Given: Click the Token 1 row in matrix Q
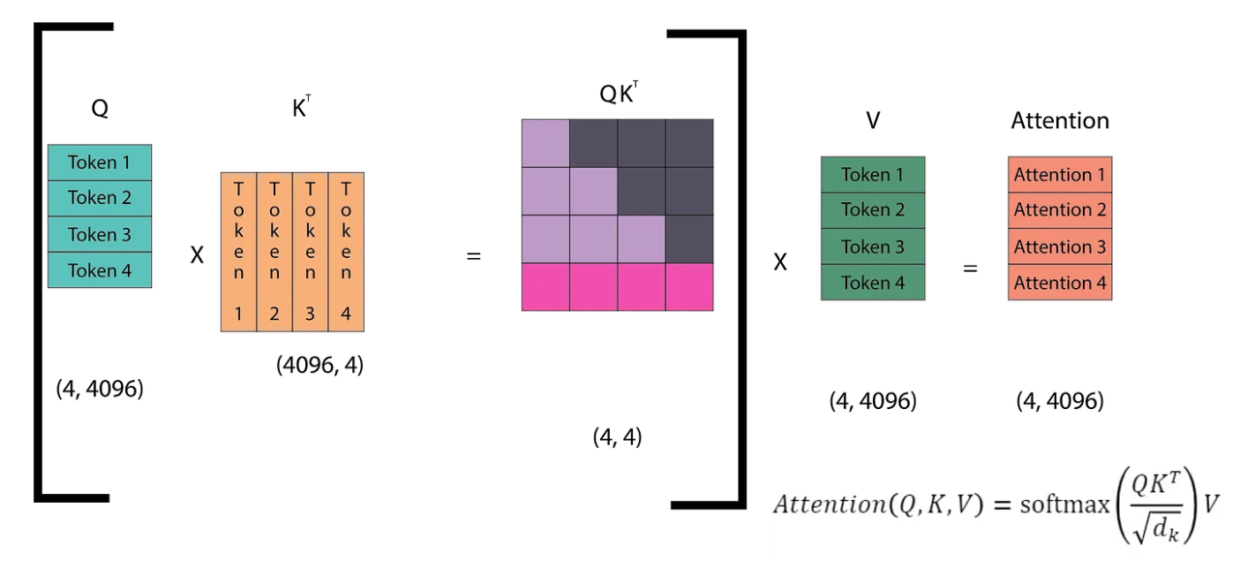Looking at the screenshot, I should pyautogui.click(x=99, y=163).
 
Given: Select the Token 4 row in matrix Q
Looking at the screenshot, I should pyautogui.click(x=99, y=270).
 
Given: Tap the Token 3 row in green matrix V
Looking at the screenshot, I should pyautogui.click(x=873, y=246).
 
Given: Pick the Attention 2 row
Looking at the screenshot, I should pyautogui.click(x=1059, y=210).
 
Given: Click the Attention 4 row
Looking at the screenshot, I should pyautogui.click(x=1059, y=283).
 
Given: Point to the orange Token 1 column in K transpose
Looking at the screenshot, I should pyautogui.click(x=238, y=252).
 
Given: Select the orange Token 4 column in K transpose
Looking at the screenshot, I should pyautogui.click(x=346, y=252).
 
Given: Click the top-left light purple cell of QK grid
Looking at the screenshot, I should pyautogui.click(x=545, y=143).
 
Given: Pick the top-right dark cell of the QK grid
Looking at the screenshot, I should pyautogui.click(x=689, y=143).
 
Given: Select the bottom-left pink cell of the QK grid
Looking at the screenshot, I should pyautogui.click(x=545, y=287).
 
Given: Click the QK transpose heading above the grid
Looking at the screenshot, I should pyautogui.click(x=619, y=95).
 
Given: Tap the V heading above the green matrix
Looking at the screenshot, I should pyautogui.click(x=873, y=121).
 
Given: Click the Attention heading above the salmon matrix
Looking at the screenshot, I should pyautogui.click(x=1059, y=121).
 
